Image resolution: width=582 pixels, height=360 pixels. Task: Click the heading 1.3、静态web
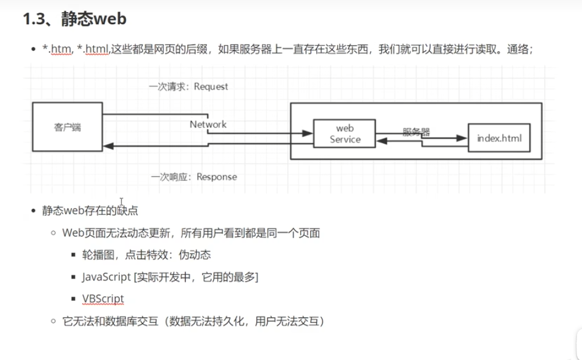click(x=75, y=19)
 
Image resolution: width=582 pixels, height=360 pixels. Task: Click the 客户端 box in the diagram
click(x=67, y=128)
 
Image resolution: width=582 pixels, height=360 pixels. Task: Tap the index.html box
click(x=499, y=138)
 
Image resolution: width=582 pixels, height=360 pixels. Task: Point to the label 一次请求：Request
click(x=188, y=86)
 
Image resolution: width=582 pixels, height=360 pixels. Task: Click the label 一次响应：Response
click(x=193, y=177)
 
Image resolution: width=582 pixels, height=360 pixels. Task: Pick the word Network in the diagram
click(x=208, y=124)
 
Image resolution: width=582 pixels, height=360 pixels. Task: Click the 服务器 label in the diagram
click(x=416, y=131)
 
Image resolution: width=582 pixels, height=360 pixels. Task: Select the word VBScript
click(x=103, y=299)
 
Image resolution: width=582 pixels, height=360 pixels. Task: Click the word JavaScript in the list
click(x=106, y=277)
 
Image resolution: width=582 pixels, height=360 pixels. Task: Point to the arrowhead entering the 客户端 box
click(x=107, y=146)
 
